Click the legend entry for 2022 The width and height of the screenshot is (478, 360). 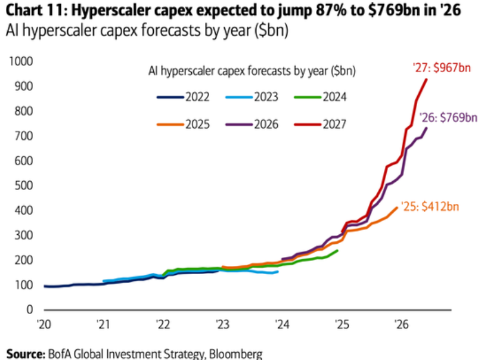(x=183, y=97)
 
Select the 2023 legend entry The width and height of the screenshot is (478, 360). (x=252, y=97)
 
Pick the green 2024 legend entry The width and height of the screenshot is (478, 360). (x=321, y=97)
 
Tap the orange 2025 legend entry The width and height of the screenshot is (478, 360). (x=183, y=125)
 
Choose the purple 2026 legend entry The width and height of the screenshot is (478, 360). (x=252, y=125)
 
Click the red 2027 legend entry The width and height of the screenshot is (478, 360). (x=321, y=125)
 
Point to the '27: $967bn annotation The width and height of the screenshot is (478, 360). (x=442, y=68)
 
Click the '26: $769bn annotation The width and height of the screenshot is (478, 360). (x=448, y=117)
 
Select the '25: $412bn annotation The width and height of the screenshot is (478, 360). (x=430, y=207)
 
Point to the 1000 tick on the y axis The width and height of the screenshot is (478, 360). (x=21, y=61)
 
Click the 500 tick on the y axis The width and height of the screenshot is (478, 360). (x=23, y=185)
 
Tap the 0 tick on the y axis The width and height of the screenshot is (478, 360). (x=30, y=310)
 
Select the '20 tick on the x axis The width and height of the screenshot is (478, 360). (x=44, y=325)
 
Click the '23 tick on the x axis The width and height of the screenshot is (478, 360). (x=222, y=325)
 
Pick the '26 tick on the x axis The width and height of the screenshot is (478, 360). (x=402, y=325)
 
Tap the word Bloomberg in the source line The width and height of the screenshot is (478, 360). (x=235, y=354)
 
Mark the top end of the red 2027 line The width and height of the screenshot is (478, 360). (x=426, y=79)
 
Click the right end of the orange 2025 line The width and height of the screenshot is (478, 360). (x=397, y=207)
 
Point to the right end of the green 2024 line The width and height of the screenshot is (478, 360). (x=337, y=250)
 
